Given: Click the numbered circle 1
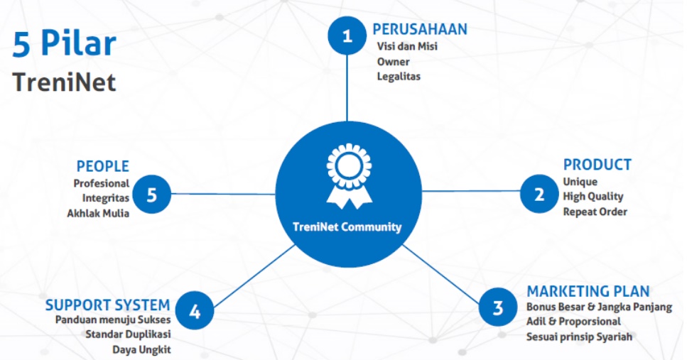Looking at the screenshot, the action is [x=347, y=36].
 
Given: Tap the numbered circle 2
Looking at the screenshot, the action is [x=539, y=194].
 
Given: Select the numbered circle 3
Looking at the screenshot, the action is [x=498, y=307].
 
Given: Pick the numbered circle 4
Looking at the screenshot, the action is [x=194, y=311].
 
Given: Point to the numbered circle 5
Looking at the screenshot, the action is [x=151, y=195].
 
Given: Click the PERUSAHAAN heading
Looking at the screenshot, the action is [x=420, y=29].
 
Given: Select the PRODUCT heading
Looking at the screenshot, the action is [x=597, y=165].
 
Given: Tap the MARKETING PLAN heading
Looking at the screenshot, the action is [x=588, y=291].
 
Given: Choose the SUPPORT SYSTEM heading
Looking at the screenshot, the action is [x=107, y=305].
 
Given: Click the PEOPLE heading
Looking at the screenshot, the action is [x=103, y=166].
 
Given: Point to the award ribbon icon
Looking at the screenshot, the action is [x=349, y=176].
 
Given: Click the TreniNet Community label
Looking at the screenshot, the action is [x=347, y=228].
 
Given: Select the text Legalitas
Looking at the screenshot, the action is [x=399, y=76].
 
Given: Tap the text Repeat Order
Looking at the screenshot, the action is [x=595, y=212].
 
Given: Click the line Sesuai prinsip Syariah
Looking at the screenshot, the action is [x=578, y=337].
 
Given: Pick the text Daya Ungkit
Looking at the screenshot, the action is [x=141, y=349].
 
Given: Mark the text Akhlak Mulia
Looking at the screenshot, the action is [x=98, y=213].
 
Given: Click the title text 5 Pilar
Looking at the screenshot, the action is [x=64, y=44].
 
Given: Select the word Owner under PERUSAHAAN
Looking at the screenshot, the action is [x=393, y=62].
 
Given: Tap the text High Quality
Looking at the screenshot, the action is [x=593, y=197].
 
